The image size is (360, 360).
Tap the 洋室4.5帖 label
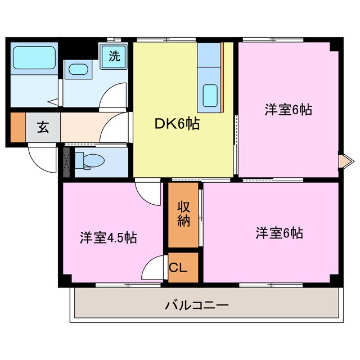(x=107, y=237)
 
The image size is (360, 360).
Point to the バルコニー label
(x=197, y=306)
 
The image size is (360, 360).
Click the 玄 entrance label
(x=43, y=127)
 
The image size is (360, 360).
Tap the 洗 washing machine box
(x=114, y=56)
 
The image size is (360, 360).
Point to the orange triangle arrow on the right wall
(x=341, y=162)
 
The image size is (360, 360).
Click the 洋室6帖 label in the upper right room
(x=288, y=110)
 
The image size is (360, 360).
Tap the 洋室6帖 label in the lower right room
(x=279, y=233)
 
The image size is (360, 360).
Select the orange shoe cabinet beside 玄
(x=17, y=127)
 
